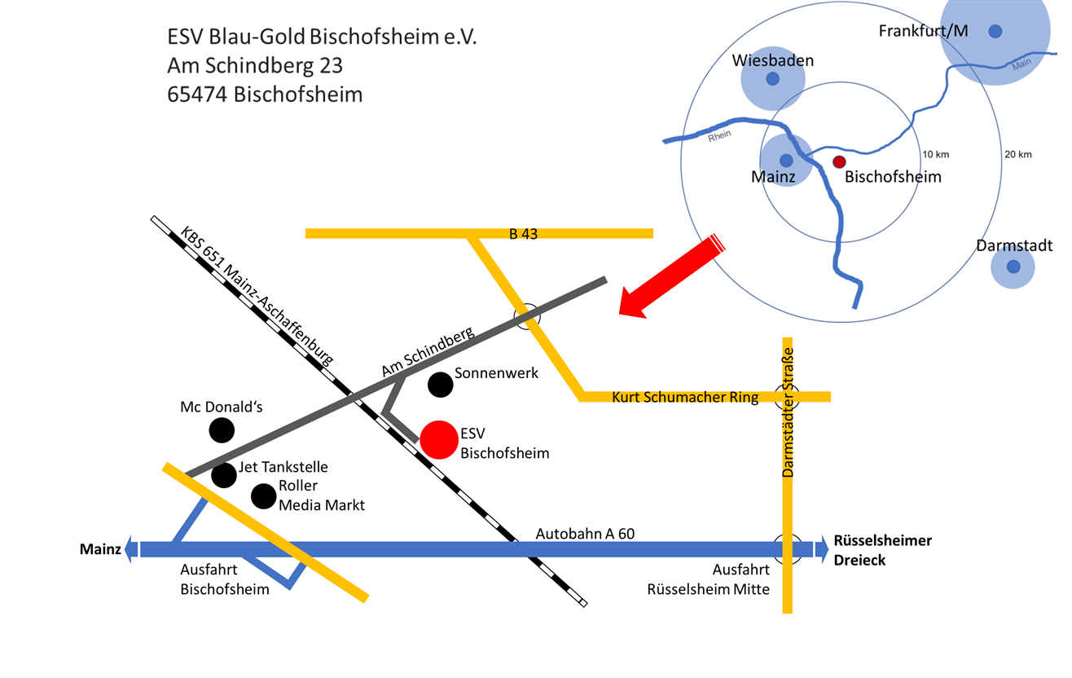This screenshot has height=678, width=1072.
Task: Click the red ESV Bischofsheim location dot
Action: (439, 440)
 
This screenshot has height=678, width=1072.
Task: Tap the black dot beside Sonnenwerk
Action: (440, 384)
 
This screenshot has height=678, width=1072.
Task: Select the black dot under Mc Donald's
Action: (222, 429)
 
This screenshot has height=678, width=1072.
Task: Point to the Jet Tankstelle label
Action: (283, 467)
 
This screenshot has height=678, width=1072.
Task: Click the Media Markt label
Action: (322, 505)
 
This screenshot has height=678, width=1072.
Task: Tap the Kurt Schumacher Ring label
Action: (685, 397)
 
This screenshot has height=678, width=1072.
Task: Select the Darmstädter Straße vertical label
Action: (788, 411)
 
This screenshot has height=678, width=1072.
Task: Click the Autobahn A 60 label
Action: (585, 534)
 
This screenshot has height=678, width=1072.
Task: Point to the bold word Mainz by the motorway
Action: (100, 549)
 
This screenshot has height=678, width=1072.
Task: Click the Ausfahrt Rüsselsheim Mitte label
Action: (708, 579)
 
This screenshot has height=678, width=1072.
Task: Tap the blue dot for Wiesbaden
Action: (772, 79)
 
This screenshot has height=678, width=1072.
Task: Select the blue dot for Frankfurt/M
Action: (995, 31)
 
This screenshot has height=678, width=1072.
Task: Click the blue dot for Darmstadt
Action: (1013, 266)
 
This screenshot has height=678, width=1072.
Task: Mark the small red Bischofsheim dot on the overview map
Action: (838, 162)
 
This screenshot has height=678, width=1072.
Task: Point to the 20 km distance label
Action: (1018, 155)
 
